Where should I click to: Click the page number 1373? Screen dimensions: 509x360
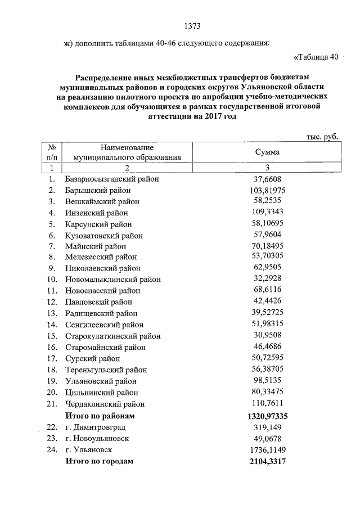[192, 26]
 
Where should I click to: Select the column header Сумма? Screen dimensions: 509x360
[267, 152]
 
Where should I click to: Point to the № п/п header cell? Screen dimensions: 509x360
[51, 152]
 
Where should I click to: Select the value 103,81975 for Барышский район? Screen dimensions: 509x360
[267, 190]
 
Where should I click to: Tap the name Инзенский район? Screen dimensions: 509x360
[96, 213]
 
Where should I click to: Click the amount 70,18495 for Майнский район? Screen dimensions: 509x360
[267, 246]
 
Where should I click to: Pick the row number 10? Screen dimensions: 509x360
[52, 280]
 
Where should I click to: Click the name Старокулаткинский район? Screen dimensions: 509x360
[113, 336]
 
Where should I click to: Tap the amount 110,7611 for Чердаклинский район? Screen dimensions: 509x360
[267, 403]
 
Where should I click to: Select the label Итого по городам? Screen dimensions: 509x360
[100, 461]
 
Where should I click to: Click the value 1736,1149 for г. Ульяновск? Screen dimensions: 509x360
[267, 450]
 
